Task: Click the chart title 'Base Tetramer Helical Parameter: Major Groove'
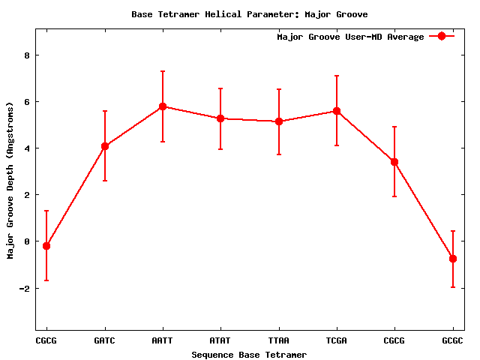coord(249,14)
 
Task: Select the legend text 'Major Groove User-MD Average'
coord(350,37)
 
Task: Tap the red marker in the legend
coord(442,37)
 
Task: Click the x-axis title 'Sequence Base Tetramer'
coord(249,355)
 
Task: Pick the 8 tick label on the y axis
coord(26,55)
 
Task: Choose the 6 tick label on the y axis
coord(26,102)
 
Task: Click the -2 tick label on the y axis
coord(23,289)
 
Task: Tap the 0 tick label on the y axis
coord(26,241)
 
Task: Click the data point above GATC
coord(105,146)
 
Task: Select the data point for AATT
coord(163,106)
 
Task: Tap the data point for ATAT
coord(220,118)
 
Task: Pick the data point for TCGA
coord(337,111)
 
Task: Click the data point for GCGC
coord(453,259)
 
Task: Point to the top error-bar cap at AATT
coord(163,71)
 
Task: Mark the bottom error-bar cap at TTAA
coord(279,154)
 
